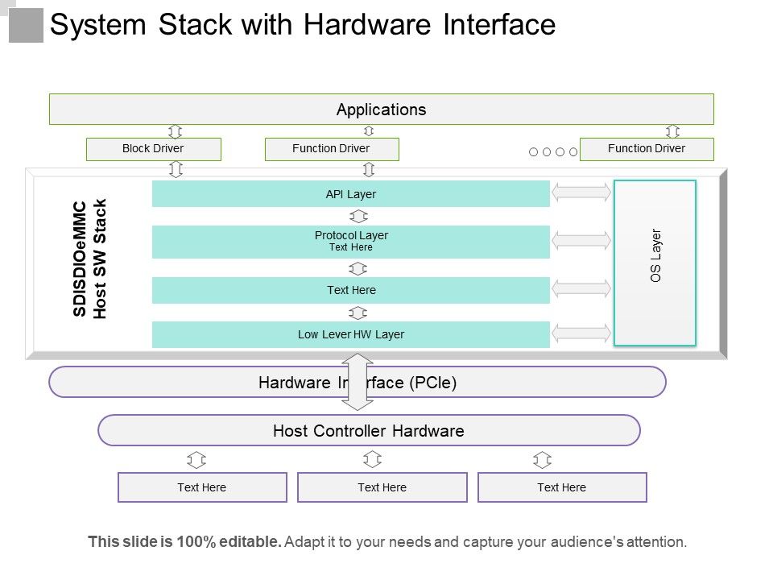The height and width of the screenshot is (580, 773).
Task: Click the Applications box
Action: [381, 110]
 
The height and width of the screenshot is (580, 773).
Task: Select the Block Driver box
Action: [153, 149]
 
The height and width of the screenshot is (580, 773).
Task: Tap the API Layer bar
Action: [351, 194]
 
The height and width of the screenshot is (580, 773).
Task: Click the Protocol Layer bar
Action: [351, 242]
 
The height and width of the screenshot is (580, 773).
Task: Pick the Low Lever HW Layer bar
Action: [351, 334]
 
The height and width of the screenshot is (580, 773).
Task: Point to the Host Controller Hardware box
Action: [369, 430]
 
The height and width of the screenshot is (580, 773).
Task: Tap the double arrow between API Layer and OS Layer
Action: [581, 193]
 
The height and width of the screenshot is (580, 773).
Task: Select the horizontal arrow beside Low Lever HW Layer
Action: [581, 333]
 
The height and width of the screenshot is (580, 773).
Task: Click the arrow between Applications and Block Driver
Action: [176, 131]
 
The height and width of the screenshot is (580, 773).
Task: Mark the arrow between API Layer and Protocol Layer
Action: [359, 216]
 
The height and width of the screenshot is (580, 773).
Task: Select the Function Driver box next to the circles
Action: [647, 149]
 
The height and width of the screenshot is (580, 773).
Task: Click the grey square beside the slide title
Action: [26, 25]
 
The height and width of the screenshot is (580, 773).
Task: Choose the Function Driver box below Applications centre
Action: [332, 149]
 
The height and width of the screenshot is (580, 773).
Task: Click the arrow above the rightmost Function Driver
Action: [673, 131]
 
